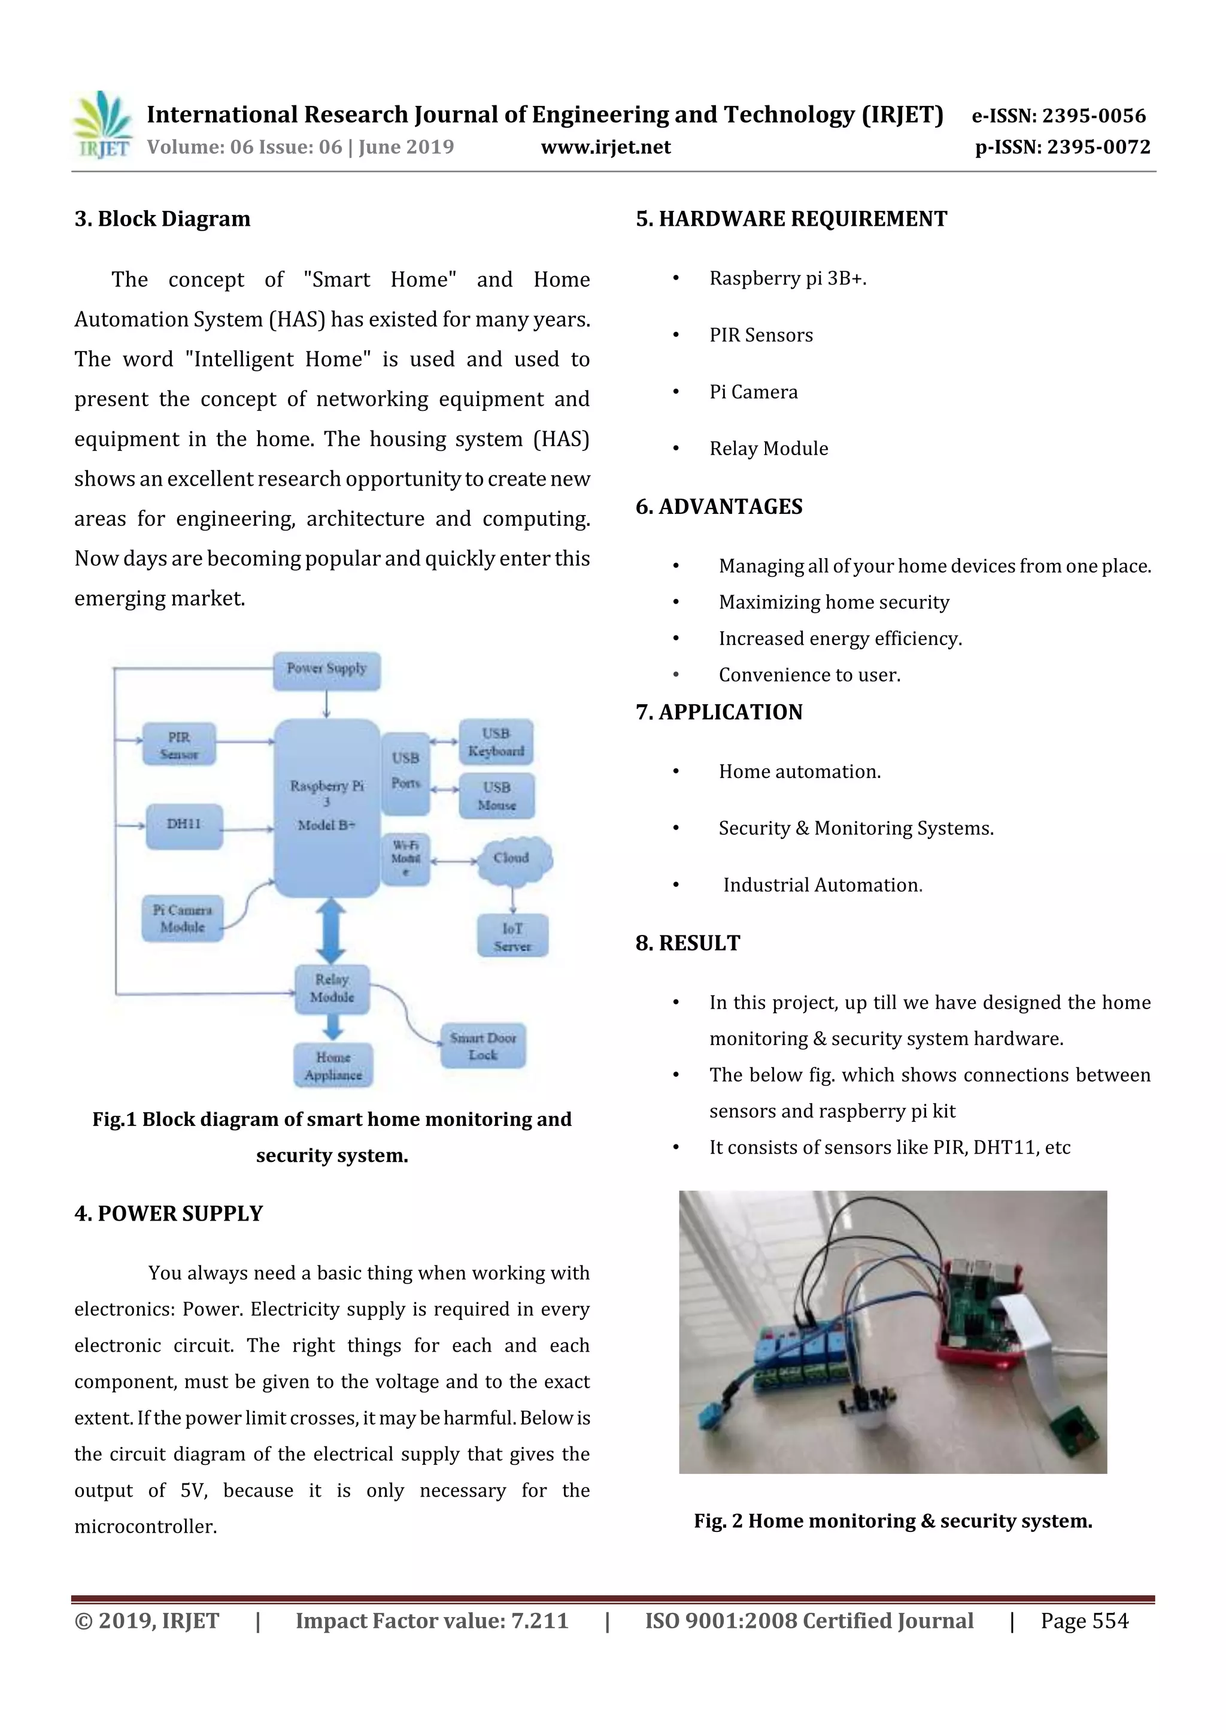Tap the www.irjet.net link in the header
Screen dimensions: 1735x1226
(x=605, y=147)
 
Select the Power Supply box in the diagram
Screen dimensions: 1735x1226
(x=326, y=670)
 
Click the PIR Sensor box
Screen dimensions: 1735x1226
(x=179, y=744)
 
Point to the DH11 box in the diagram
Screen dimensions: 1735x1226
(x=184, y=825)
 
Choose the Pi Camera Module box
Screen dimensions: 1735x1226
(x=183, y=918)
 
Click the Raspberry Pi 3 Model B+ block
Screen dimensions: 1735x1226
(x=326, y=807)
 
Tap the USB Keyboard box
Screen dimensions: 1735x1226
(x=496, y=742)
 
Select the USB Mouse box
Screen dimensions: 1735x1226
(x=496, y=796)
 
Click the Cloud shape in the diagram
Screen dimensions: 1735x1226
(x=513, y=859)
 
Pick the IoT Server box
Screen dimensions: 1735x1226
(x=512, y=936)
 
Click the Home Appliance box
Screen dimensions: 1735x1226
(x=333, y=1065)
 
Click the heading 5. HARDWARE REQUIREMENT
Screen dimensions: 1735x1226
(x=791, y=219)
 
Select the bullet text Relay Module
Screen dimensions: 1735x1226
(x=768, y=449)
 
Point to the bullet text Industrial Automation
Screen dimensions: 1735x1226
(x=822, y=885)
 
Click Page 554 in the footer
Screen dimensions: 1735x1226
(x=1084, y=1620)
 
